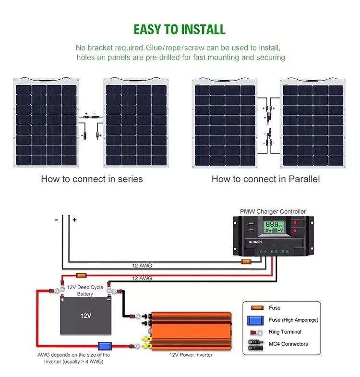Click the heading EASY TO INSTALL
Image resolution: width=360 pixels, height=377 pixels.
[x=180, y=29]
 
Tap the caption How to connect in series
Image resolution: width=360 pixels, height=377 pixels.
[x=92, y=179]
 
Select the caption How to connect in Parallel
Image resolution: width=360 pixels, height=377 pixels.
[x=265, y=179]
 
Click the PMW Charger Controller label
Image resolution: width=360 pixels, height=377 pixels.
[x=273, y=211]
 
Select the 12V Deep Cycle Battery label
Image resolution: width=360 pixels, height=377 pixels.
[x=85, y=291]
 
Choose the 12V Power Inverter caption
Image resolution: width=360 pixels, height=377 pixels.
[x=191, y=355]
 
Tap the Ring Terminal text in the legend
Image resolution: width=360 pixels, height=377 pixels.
[x=285, y=332]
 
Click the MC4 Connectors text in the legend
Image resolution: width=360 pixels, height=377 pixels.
[x=288, y=344]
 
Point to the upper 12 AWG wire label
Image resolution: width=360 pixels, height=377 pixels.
[x=142, y=265]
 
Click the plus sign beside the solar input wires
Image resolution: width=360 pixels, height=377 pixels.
[x=74, y=220]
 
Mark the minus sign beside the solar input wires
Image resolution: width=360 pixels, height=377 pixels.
[x=57, y=220]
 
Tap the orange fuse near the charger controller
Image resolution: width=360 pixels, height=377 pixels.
[x=246, y=262]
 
